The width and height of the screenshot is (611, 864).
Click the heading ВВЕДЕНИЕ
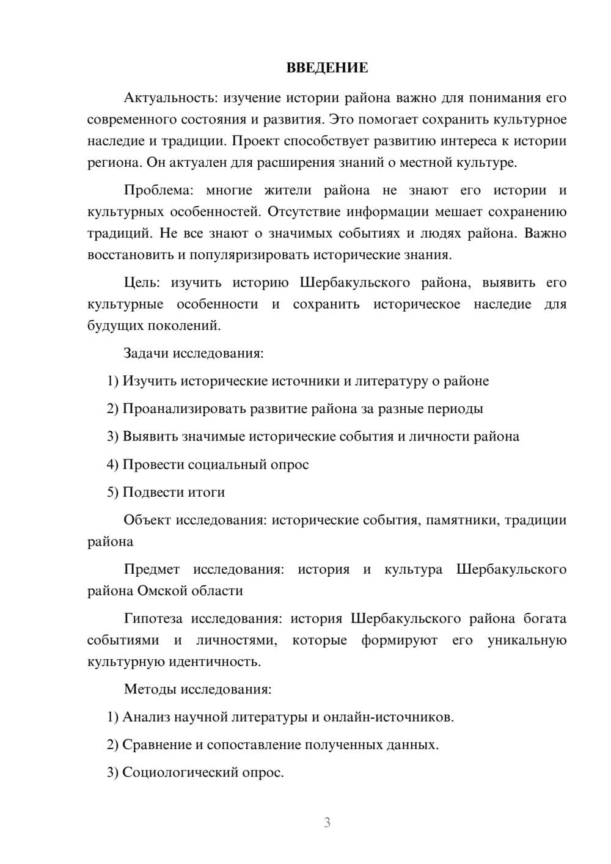327,68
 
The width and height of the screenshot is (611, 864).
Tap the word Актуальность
170,98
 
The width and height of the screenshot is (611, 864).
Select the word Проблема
158,190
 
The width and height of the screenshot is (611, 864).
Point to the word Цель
142,282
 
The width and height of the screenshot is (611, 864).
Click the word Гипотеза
153,618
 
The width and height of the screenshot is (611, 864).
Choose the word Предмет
152,569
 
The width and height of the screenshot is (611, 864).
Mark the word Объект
147,520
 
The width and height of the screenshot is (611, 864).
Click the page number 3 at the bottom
327,822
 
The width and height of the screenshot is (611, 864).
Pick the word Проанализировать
184,409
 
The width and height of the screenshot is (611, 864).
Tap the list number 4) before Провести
112,464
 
